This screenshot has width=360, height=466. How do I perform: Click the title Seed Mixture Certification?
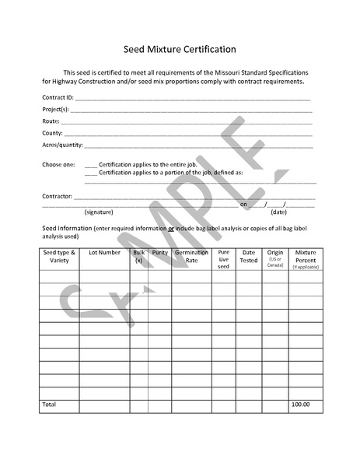point(180,49)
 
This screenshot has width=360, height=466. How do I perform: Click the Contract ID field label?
point(58,98)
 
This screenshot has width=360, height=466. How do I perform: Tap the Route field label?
point(51,121)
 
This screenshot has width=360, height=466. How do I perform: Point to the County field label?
point(52,133)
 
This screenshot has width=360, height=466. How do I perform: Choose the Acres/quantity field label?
point(62,145)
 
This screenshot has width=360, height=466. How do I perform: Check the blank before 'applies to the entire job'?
point(90,164)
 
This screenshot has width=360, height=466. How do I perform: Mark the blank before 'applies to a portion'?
point(90,172)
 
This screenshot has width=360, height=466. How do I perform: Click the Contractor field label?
point(57,196)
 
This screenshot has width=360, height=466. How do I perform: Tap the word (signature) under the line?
point(99,212)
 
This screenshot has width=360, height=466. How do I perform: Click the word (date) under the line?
point(278,212)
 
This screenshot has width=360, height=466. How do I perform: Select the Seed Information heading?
point(65,228)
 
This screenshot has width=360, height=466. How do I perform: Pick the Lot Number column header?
point(104,253)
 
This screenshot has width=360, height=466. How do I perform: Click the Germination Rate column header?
point(191,256)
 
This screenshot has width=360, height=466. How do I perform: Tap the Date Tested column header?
point(249,256)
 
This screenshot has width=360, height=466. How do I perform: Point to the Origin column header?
point(274,253)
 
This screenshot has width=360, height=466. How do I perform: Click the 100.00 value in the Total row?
point(300,405)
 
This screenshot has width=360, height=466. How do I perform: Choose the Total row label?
point(49,405)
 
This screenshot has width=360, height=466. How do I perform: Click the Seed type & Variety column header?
point(59,256)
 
